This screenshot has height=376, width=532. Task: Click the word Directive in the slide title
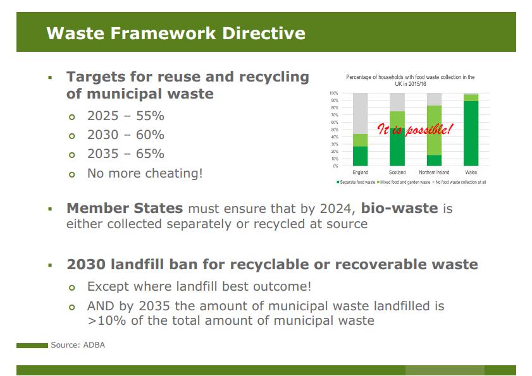pyautogui.click(x=264, y=33)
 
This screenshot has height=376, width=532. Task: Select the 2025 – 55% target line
pyautogui.click(x=125, y=116)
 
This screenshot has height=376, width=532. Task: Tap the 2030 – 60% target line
pyautogui.click(x=125, y=135)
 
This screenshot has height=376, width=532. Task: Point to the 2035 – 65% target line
pyautogui.click(x=125, y=154)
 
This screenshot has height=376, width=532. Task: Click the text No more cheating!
pyautogui.click(x=145, y=173)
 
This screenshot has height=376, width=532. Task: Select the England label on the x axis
pyautogui.click(x=361, y=173)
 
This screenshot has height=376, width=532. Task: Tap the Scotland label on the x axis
pyautogui.click(x=397, y=173)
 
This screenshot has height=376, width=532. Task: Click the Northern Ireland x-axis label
pyautogui.click(x=434, y=173)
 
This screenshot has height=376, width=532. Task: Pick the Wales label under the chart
pyautogui.click(x=471, y=173)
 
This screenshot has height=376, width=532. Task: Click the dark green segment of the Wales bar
pyautogui.click(x=471, y=133)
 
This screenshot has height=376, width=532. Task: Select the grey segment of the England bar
pyautogui.click(x=361, y=113)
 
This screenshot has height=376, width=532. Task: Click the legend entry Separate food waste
pyautogui.click(x=356, y=183)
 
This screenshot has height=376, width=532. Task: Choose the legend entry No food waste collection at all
pyautogui.click(x=459, y=183)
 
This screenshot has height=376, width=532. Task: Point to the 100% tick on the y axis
pyautogui.click(x=333, y=94)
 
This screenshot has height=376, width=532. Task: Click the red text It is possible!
pyautogui.click(x=415, y=129)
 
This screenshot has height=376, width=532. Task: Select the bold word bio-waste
pyautogui.click(x=399, y=208)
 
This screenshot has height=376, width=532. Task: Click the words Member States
pyautogui.click(x=125, y=208)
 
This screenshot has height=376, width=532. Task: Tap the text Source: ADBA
pyautogui.click(x=78, y=345)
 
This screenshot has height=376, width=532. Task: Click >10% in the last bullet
pyautogui.click(x=106, y=320)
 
